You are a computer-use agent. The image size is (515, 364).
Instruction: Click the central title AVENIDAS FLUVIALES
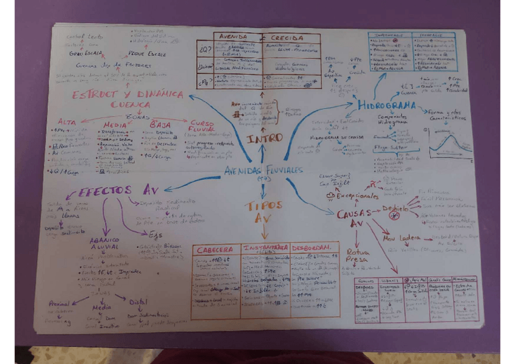[x=262, y=170]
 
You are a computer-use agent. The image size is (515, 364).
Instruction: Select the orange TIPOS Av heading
[x=262, y=211]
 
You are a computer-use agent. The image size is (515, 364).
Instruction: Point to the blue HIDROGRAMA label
[x=386, y=105]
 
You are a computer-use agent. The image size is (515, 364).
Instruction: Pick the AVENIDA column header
[x=233, y=37]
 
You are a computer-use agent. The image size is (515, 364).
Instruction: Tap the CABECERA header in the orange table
[x=214, y=249]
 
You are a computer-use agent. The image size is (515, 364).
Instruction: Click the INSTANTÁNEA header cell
[x=265, y=249]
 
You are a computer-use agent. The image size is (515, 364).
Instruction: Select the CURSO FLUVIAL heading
[x=202, y=126]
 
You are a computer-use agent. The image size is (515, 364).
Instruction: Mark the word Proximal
[x=60, y=303]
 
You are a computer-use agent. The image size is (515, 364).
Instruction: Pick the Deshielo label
[x=395, y=208]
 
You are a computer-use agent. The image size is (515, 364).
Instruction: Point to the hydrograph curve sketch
[x=450, y=145]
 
